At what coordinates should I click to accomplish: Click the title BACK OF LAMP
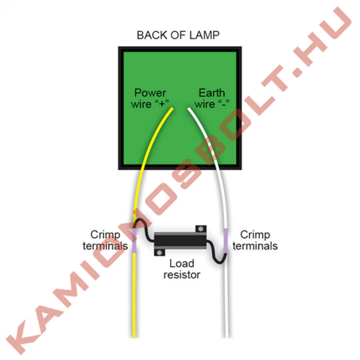[178, 35]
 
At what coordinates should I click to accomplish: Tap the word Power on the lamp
[150, 93]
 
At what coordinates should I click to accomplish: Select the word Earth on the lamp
[212, 93]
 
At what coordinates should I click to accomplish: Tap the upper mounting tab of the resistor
[200, 229]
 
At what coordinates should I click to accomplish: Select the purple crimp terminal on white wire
[226, 240]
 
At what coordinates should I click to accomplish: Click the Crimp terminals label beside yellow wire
[105, 240]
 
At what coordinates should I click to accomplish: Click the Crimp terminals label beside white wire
[255, 240]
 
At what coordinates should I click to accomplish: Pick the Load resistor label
[182, 269]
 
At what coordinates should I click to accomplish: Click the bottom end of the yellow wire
[135, 335]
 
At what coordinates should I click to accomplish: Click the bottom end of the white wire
[228, 335]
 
